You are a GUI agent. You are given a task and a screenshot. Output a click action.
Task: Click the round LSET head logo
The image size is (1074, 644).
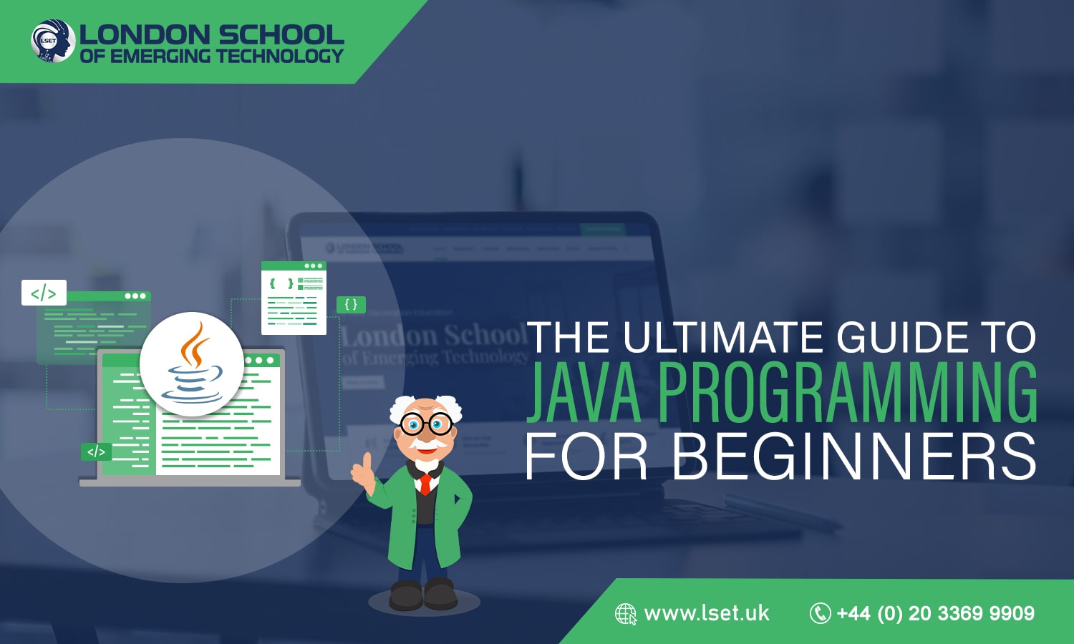pos(53,41)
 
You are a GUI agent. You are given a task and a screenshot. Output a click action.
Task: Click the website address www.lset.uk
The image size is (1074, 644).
pos(707,613)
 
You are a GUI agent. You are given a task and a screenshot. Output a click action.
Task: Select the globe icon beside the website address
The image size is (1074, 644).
pos(626,614)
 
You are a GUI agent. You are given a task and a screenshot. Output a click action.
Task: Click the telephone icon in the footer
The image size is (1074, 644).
pos(820,613)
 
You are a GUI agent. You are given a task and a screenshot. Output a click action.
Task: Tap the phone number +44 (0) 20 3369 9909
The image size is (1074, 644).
pos(936,613)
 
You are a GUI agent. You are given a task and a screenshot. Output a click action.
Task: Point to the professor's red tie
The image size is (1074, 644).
pos(425,484)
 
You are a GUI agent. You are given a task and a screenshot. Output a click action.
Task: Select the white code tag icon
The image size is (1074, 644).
pos(44,293)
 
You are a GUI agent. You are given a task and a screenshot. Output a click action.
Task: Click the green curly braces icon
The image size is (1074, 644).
pos(351,304)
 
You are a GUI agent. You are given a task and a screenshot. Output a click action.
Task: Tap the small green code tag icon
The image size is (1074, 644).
pos(96,452)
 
